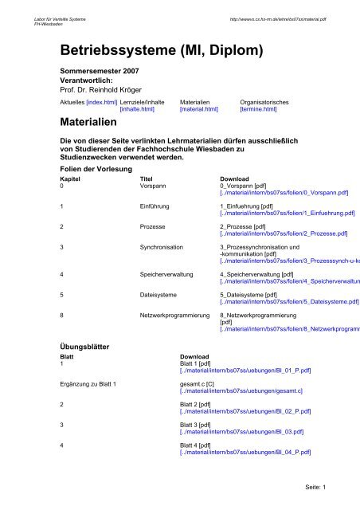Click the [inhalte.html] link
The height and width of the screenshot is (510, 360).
tap(137, 111)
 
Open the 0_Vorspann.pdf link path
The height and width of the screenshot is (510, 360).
tap(272, 194)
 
